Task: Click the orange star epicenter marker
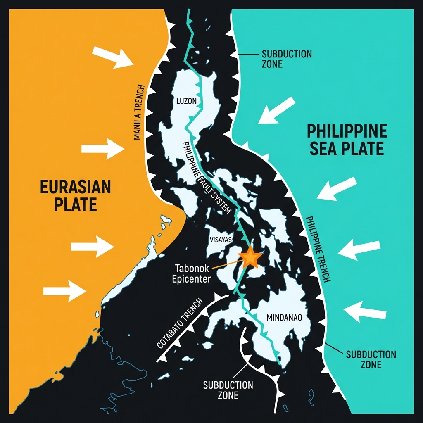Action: click(x=250, y=258)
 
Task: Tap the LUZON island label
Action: click(x=187, y=101)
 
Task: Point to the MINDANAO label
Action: click(x=285, y=318)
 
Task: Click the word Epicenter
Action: click(x=191, y=279)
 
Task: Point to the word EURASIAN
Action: click(x=76, y=187)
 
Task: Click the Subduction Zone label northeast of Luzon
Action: click(x=281, y=59)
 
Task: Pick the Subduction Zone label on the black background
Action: click(x=228, y=390)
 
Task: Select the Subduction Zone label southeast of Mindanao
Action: click(x=371, y=359)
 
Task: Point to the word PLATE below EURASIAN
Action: click(x=75, y=205)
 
